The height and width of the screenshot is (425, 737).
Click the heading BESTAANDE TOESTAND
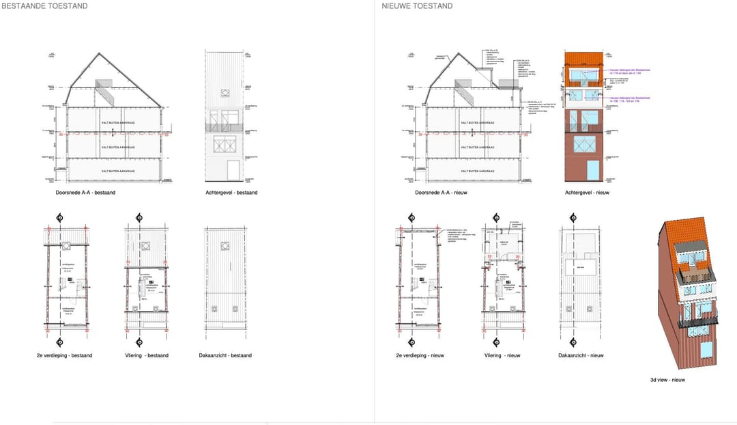44,6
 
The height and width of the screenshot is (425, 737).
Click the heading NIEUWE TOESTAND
417,6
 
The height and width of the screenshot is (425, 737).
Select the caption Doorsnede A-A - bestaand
85,193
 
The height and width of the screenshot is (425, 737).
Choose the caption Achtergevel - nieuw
587,193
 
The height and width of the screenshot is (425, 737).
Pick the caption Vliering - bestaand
147,355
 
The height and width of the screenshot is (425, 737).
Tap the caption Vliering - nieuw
503,355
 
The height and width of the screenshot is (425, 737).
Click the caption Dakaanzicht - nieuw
581,355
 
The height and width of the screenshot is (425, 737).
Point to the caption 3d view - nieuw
669,380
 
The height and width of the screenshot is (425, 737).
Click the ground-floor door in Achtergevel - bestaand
233,170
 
